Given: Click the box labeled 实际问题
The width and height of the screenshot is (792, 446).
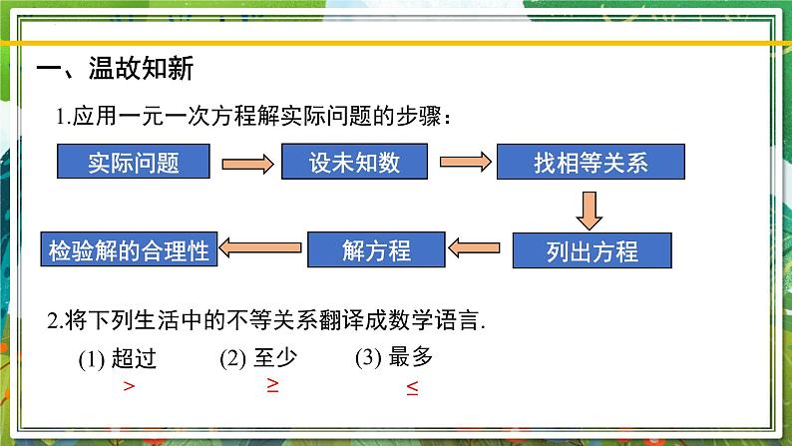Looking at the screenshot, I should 134,162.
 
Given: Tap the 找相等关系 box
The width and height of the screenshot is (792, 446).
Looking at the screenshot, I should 591,162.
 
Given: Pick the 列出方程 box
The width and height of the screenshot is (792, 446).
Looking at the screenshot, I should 592,250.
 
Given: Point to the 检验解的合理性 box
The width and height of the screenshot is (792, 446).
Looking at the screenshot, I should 129,249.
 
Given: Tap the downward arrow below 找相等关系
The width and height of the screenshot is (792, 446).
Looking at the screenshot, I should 590,207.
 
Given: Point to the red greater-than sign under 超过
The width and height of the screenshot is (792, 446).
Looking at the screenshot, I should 128,387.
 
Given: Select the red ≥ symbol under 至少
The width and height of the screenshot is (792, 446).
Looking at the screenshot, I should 272,386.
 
